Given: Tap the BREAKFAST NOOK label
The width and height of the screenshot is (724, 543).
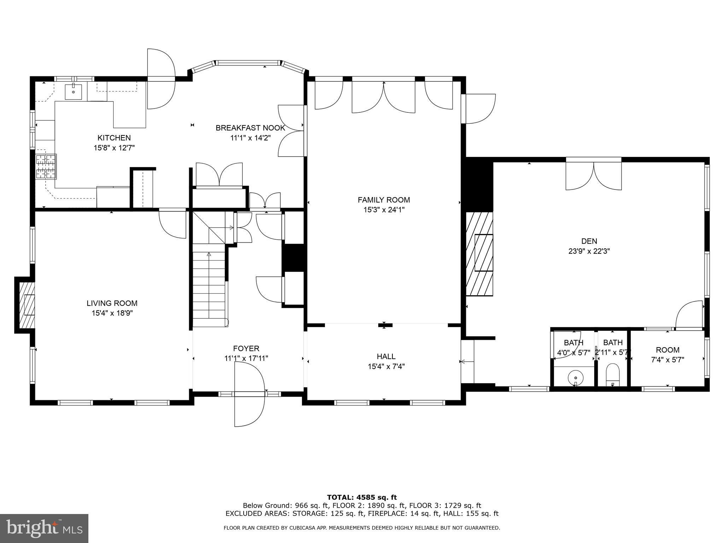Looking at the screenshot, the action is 250,128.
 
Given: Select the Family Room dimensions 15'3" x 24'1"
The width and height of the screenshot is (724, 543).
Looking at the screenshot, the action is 384,210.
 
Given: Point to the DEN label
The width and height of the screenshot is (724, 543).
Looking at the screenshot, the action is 589,241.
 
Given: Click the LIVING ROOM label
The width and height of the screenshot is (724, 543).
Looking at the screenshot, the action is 112,303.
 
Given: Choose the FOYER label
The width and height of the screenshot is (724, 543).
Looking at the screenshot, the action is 246,349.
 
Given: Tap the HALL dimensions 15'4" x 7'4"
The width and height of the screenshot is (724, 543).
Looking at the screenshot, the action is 386,367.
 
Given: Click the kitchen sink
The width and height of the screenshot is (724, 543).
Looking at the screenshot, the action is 74,92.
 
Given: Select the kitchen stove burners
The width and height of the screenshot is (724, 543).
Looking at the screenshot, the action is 46,167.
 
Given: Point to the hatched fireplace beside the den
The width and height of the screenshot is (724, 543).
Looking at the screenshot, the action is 479,253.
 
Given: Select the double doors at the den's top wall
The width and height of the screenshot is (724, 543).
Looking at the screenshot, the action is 594,176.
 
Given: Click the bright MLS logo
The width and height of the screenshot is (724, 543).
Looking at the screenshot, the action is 44,528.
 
